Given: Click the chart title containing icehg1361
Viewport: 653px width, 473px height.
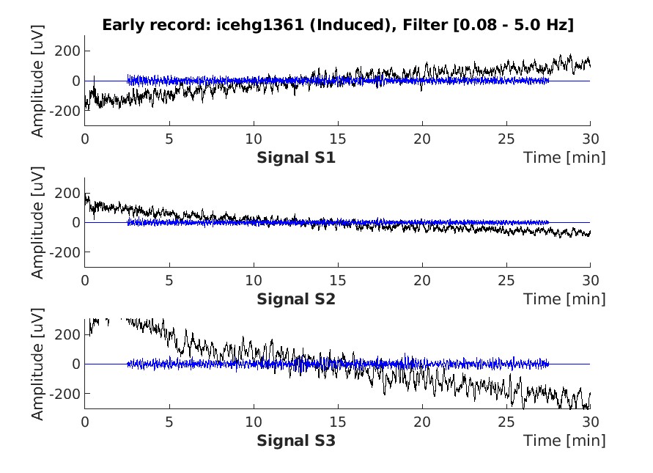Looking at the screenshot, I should (x=337, y=25).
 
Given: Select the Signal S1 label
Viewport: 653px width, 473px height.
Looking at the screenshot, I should (x=296, y=158).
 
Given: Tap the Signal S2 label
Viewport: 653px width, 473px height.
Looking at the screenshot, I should (x=296, y=299).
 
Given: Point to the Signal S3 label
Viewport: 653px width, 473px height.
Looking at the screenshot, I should (x=296, y=441).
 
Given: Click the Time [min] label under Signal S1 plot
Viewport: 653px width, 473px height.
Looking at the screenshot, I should (x=564, y=158).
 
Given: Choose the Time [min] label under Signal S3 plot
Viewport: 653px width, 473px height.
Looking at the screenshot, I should (x=564, y=441).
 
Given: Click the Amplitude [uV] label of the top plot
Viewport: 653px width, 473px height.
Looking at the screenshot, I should (x=38, y=81).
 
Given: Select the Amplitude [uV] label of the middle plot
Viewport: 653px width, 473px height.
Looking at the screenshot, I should (x=38, y=222).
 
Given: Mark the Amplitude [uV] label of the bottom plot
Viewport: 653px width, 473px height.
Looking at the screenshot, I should (x=38, y=364).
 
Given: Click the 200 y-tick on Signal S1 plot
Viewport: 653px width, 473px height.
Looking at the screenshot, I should (x=70, y=51).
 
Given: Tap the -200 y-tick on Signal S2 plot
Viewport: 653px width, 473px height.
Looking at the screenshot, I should (x=67, y=252).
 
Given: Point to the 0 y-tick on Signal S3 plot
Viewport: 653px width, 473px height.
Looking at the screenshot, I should (x=75, y=364).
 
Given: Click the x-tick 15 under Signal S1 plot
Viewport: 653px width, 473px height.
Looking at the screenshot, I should (x=337, y=139).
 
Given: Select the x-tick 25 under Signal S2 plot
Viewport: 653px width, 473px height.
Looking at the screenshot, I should (x=506, y=280).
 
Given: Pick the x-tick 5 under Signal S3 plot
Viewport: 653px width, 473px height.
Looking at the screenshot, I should (x=169, y=422).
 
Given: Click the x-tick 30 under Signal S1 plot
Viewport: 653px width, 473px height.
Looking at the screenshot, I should (x=590, y=139).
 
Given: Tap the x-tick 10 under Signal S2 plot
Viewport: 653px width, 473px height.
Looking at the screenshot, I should (x=253, y=280).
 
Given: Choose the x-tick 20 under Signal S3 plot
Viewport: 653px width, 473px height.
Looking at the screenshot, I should (x=421, y=422).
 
